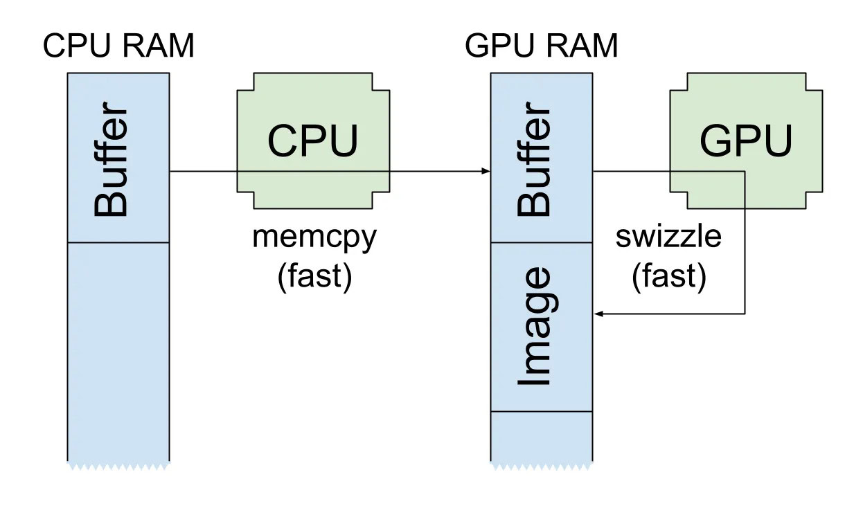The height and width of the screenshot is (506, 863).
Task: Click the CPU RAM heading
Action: coord(118,47)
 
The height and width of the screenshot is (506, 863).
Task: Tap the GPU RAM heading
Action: coord(542,47)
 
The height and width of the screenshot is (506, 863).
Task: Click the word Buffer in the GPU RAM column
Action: coord(535,161)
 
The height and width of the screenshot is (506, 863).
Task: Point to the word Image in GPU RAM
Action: coord(535,327)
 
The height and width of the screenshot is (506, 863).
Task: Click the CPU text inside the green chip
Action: coord(313,141)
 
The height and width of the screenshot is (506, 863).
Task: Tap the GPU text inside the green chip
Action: coord(745,141)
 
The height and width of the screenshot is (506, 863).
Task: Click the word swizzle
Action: coord(668,237)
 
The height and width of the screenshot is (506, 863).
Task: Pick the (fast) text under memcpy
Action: coord(315,275)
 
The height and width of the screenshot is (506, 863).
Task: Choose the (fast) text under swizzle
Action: coord(668,275)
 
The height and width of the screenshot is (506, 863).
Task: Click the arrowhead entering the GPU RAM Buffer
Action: coord(486,172)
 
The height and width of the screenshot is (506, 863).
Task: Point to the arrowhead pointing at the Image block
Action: coord(599,314)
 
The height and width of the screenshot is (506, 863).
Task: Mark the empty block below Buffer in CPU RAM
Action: coord(118,350)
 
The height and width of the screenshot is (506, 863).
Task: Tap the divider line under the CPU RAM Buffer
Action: coord(118,242)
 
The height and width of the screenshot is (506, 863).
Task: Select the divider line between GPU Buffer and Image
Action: coord(542,242)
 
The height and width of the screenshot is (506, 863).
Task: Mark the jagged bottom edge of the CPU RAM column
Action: coord(118,466)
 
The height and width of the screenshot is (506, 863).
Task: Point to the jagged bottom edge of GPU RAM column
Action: coord(542,466)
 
